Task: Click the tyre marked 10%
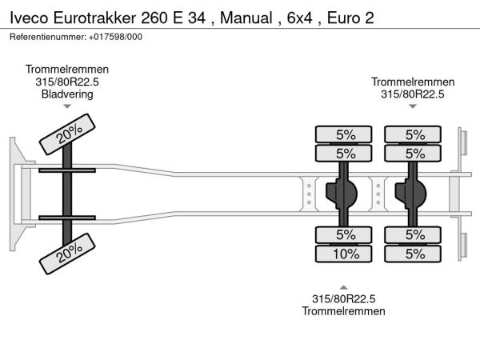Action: point(345,254)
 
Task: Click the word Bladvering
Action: point(67,94)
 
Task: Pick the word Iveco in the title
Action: point(29,17)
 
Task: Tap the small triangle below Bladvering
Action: point(67,106)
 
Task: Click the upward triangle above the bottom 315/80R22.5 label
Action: point(344,286)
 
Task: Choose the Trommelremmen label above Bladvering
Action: point(67,70)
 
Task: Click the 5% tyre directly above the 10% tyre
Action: point(345,235)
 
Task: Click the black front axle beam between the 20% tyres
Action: point(67,193)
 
